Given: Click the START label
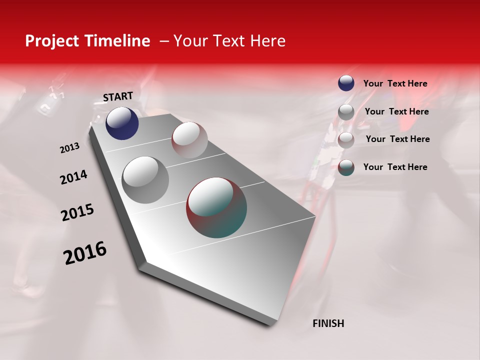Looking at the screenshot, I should (118, 96).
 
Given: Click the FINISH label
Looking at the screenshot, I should (328, 323).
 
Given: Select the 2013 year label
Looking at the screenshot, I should (69, 148).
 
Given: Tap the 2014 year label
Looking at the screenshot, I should (73, 177).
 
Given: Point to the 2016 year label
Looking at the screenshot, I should (85, 253).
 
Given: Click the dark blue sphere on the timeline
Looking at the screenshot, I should (122, 123).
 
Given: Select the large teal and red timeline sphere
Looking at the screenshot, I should (216, 207).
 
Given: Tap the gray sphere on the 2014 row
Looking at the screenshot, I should (145, 180).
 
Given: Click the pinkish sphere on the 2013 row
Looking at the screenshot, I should (189, 140).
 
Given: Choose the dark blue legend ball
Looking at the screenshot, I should (346, 83).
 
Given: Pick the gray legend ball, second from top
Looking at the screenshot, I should (346, 112).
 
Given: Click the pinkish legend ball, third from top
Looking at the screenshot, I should (346, 140).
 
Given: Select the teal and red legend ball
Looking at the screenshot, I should (346, 167).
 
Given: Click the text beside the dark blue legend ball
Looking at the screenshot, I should (395, 84).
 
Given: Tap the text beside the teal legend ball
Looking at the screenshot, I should (395, 167).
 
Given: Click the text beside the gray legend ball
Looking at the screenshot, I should (396, 111).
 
